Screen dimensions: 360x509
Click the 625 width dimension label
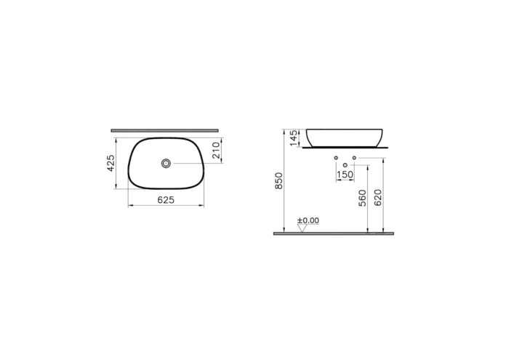click(166, 200)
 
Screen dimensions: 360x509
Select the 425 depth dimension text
click(111, 164)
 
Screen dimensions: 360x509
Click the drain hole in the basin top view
click(167, 164)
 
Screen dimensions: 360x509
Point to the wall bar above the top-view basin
click(166, 131)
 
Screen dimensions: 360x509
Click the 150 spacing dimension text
click(345, 175)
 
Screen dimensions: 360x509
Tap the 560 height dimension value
click(362, 199)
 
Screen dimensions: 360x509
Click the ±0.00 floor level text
click(308, 220)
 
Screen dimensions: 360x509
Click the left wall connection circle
click(336, 158)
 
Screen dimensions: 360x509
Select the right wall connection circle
click(354, 158)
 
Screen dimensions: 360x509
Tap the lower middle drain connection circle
click(345, 166)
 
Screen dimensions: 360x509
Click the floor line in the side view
click(333, 234)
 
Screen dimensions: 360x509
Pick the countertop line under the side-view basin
click(346, 148)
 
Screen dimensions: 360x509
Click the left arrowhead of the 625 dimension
click(131, 207)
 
